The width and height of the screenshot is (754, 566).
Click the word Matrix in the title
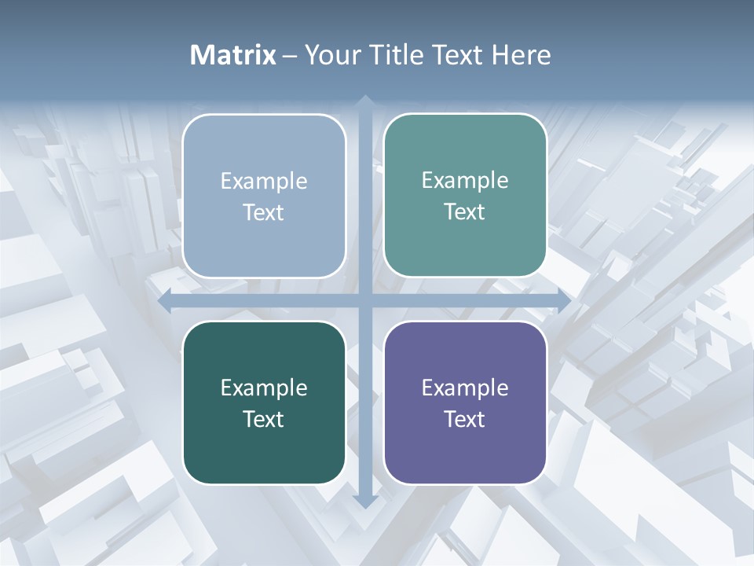pyautogui.click(x=232, y=55)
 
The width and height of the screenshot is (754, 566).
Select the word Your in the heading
pyautogui.click(x=331, y=55)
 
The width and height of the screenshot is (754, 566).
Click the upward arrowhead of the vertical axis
pyautogui.click(x=364, y=100)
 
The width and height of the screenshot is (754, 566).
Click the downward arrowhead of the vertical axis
pyautogui.click(x=364, y=501)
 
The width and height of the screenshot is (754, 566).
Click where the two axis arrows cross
pyautogui.click(x=364, y=300)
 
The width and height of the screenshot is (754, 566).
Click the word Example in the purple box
pyautogui.click(x=465, y=388)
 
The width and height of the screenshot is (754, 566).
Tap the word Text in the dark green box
pyautogui.click(x=264, y=419)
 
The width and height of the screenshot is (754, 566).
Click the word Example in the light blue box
pyautogui.click(x=264, y=181)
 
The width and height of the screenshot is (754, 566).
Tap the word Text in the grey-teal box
pyautogui.click(x=465, y=211)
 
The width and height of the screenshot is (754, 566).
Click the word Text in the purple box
pyautogui.click(x=465, y=419)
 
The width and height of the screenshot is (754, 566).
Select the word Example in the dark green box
pyautogui.click(x=264, y=388)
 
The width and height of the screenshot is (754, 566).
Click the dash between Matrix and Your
pyautogui.click(x=290, y=56)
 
